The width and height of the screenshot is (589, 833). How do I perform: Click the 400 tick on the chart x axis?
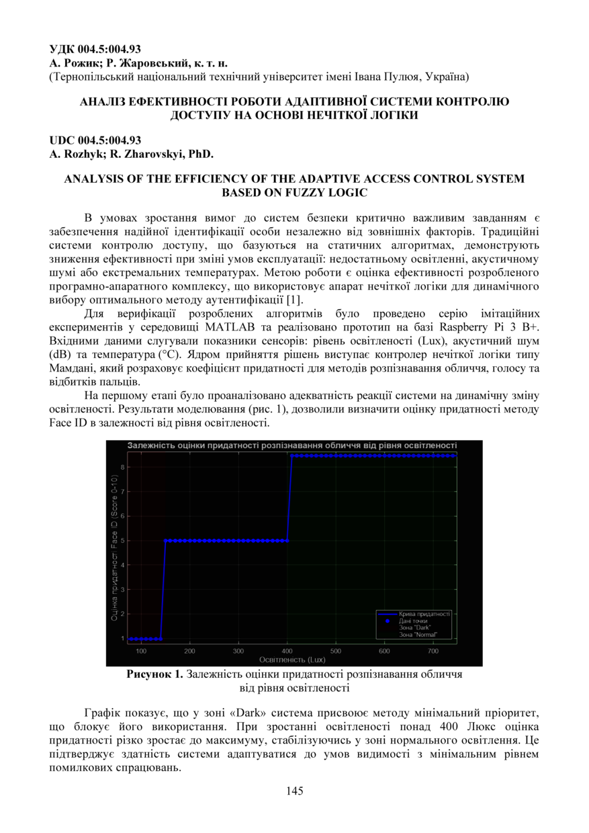point(287,651)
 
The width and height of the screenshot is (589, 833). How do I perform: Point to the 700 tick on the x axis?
point(433,651)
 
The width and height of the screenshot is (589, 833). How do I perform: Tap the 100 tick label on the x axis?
point(141,651)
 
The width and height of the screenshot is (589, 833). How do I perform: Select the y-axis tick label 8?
point(123,467)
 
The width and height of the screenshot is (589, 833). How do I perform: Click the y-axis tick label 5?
point(123,540)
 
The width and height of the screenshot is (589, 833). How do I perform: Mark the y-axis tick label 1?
point(123,638)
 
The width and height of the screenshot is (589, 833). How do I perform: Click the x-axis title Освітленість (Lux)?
point(291,660)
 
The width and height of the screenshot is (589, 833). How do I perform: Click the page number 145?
point(294,791)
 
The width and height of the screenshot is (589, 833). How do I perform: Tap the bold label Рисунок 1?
point(154,675)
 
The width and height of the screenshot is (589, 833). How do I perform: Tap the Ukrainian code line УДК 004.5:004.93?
point(95,48)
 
